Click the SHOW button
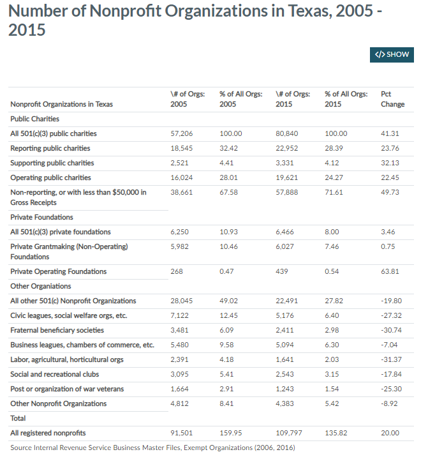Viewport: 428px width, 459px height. pos(392,55)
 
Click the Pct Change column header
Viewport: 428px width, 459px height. pos(392,99)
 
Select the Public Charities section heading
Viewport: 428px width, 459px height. pos(34,119)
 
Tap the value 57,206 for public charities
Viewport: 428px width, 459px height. pos(181,133)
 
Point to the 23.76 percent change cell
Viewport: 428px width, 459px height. pos(390,148)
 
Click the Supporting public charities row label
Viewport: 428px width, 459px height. pos(52,163)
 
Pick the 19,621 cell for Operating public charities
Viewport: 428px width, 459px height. pos(286,177)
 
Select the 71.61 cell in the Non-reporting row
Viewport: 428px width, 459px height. pos(334,192)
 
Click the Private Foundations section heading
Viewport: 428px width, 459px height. pos(41,217)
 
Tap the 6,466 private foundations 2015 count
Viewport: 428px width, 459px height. pos(284,232)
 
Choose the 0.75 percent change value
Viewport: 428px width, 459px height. pos(388,246)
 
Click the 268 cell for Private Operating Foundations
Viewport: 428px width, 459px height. pos(177,271)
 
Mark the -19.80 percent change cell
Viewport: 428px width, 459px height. pos(391,301)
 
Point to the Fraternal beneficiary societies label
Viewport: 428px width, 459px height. pos(57,330)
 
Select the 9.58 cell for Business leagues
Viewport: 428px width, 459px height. pos(226,345)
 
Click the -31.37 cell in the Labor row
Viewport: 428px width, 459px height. pos(391,359)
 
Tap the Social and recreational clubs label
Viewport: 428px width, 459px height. pos(54,374)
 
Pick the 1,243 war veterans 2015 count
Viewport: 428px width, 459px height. pos(284,389)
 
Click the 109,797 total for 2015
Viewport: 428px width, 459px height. pos(289,433)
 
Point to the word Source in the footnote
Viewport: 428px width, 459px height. pos(21,448)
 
